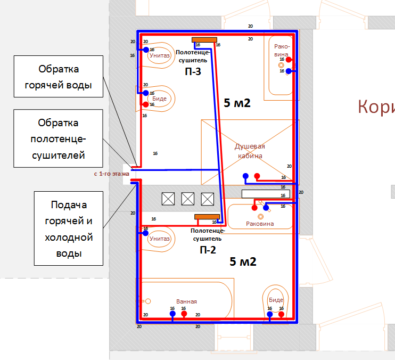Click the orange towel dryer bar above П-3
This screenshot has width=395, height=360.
204,39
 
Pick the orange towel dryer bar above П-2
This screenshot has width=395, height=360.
207,216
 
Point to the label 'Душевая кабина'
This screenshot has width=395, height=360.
250,151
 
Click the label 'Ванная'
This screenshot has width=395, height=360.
186,301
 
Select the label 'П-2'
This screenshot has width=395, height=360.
208,249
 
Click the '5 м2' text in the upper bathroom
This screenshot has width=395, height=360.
237,103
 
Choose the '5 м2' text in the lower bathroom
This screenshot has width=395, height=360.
243,261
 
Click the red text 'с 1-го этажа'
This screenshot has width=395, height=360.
112,174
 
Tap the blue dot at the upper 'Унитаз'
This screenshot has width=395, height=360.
145,50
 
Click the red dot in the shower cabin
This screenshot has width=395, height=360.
257,176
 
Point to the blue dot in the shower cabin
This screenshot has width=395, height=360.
245,176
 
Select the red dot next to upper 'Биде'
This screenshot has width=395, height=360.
145,104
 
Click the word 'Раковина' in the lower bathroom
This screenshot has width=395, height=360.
260,224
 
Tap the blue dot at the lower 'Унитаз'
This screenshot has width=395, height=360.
145,233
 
